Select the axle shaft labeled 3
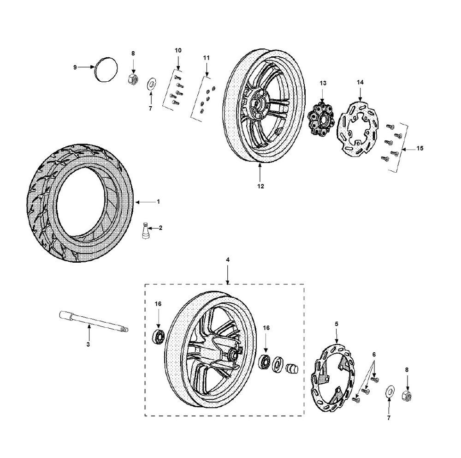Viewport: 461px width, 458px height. point(92,322)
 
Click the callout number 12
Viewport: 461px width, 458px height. point(260,187)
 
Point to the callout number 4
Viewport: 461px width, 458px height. point(228,260)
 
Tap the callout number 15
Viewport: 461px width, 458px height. point(420,149)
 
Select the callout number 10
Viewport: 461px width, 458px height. point(178,50)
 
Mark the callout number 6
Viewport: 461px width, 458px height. point(374,354)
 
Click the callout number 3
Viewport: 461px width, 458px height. point(88,344)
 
